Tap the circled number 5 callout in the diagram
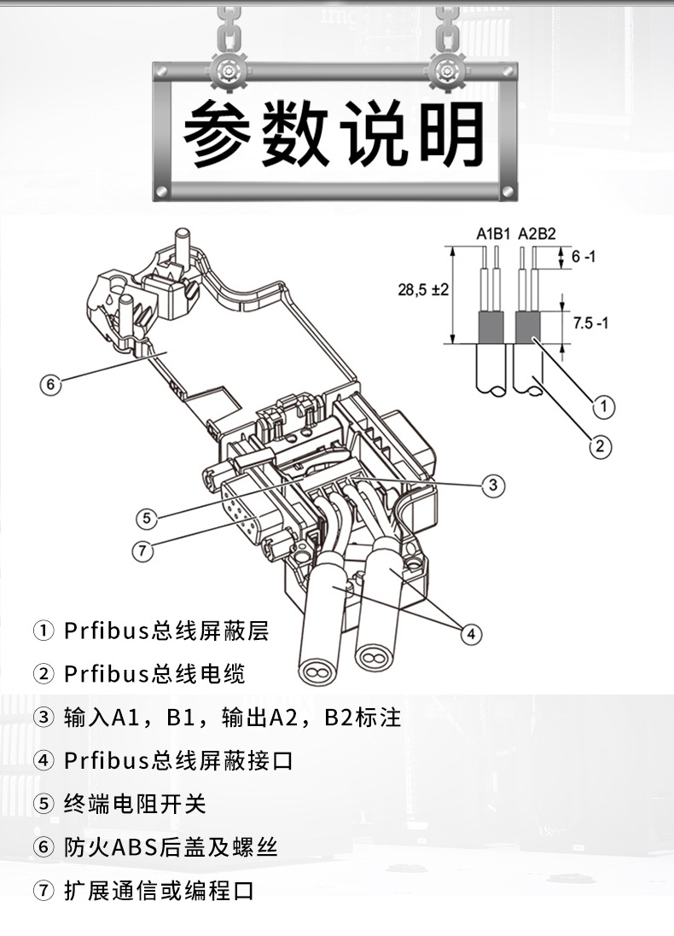(x=148, y=517)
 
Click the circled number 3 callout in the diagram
(x=492, y=485)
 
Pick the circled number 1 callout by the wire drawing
(x=602, y=407)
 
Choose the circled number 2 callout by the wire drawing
(x=602, y=445)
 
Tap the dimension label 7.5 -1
(x=590, y=323)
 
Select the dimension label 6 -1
(x=584, y=256)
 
